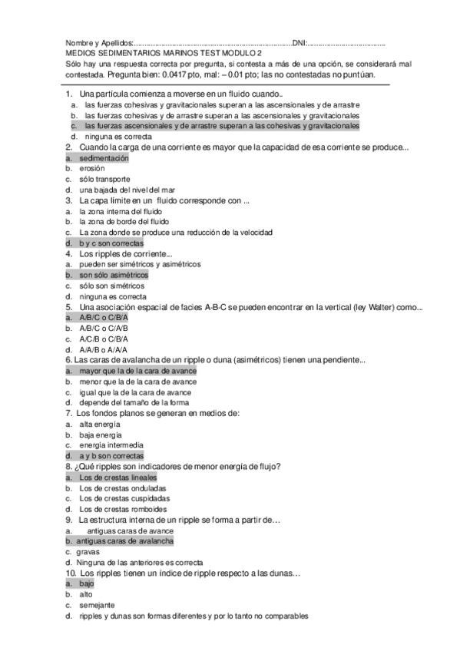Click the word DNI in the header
click(300, 43)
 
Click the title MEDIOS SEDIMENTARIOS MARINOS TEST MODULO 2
click(161, 54)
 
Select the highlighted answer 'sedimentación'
click(104, 157)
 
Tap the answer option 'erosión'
click(91, 168)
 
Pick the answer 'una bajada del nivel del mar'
click(121, 190)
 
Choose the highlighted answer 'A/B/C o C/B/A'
click(104, 317)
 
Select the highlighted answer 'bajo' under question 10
click(87, 583)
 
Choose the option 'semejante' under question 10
click(96, 604)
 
